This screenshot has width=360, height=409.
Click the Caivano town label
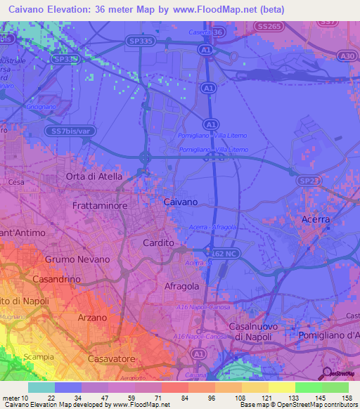point(181,202)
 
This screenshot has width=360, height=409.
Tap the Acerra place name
point(315,220)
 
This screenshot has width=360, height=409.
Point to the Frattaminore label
point(99,206)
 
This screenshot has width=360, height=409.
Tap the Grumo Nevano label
point(77,259)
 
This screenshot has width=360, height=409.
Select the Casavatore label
point(112,358)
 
